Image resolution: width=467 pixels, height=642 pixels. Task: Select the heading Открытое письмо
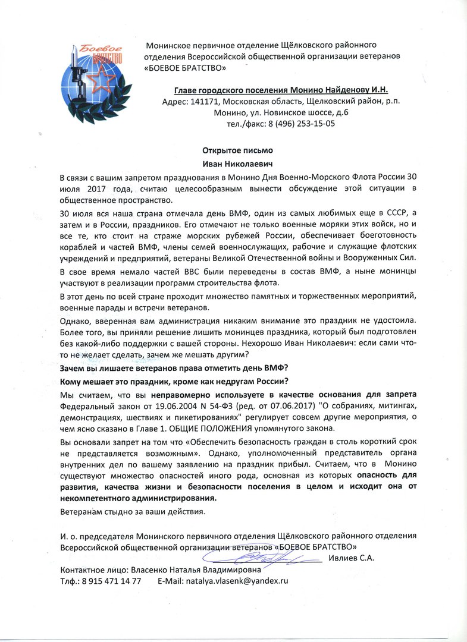point(233,150)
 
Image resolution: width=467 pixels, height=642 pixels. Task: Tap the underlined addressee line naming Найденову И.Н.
point(281,90)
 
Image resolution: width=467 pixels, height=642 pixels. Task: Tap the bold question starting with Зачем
point(174,368)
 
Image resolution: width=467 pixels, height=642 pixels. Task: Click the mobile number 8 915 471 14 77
point(113,580)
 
